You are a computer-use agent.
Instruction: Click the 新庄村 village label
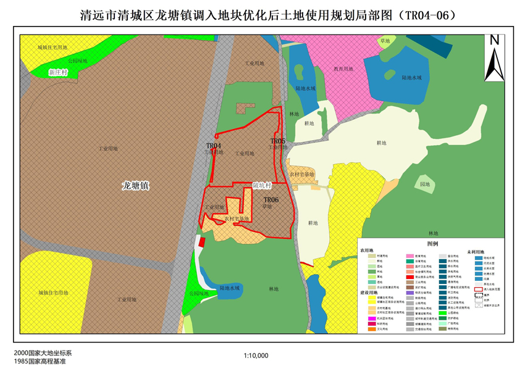coord(57,72)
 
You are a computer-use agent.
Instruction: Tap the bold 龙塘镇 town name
coord(136,185)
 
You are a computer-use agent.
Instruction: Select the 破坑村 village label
coord(262,185)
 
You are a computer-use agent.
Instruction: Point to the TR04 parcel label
coord(214,146)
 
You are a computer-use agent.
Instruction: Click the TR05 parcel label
coord(277,141)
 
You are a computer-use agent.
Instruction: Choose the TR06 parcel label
coord(271,200)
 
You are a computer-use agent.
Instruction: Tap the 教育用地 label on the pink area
coord(343,69)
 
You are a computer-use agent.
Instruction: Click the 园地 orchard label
coord(425,185)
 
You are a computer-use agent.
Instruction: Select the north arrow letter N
coord(494,41)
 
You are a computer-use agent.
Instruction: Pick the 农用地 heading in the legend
coord(367,251)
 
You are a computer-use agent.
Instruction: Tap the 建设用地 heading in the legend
coord(369,291)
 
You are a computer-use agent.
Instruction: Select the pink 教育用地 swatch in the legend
coord(409,255)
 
